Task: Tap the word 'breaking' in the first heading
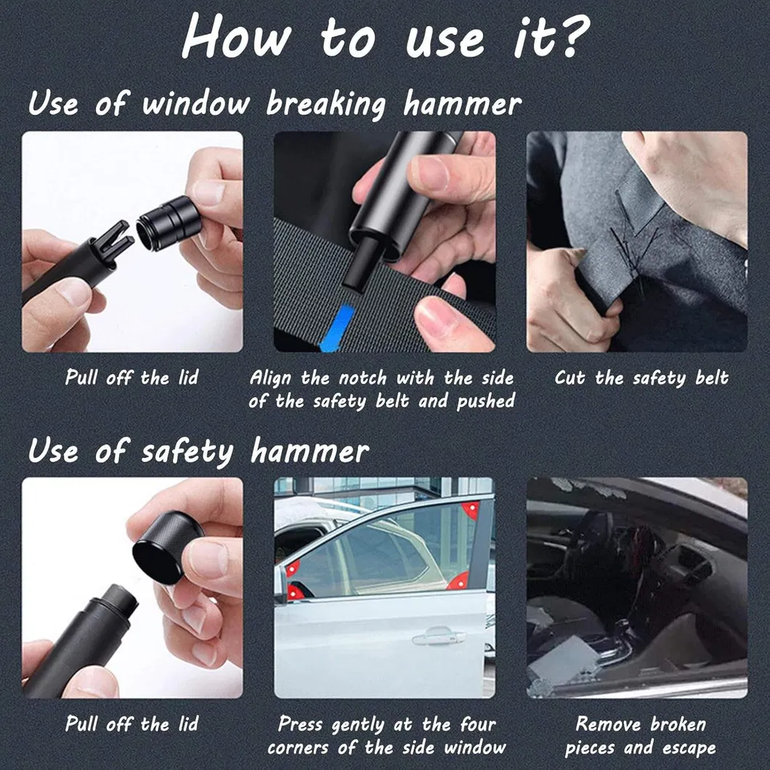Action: tap(325, 105)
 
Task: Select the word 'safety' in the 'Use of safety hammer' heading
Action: tap(187, 452)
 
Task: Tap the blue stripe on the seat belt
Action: tap(338, 328)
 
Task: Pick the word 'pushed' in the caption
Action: tap(485, 402)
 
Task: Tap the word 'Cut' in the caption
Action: tap(572, 378)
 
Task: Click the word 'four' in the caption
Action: tap(478, 724)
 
